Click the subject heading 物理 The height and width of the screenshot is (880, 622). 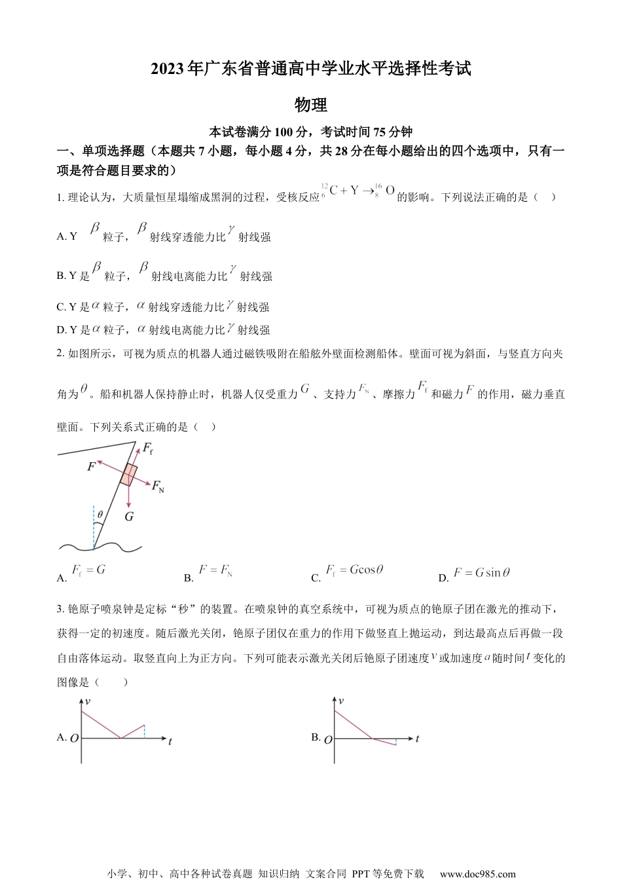[311, 105]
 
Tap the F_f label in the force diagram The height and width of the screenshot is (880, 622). [149, 449]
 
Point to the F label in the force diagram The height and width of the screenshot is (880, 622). [92, 467]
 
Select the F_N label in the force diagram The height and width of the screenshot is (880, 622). [158, 486]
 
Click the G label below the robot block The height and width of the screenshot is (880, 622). [129, 516]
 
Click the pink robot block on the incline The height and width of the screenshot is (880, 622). [129, 475]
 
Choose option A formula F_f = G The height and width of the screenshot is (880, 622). [88, 570]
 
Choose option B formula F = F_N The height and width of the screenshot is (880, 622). [216, 571]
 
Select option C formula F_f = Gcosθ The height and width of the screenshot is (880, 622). [354, 570]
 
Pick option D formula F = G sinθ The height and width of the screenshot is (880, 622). [481, 573]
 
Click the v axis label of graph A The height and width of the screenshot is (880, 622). [88, 701]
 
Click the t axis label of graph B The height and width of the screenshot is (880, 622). [417, 739]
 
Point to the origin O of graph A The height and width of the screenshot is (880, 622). [74, 739]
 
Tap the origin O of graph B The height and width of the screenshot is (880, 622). [328, 739]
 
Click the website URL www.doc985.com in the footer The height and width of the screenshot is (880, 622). [477, 873]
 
